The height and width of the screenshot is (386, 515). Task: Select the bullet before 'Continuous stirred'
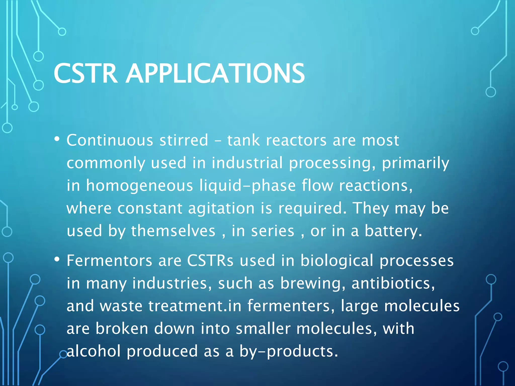coord(57,139)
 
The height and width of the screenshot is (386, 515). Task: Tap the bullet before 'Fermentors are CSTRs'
coord(57,259)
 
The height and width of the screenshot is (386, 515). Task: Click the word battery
coord(393,231)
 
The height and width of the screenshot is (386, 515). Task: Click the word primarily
coord(415,163)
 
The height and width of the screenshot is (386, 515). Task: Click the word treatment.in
coord(195,306)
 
